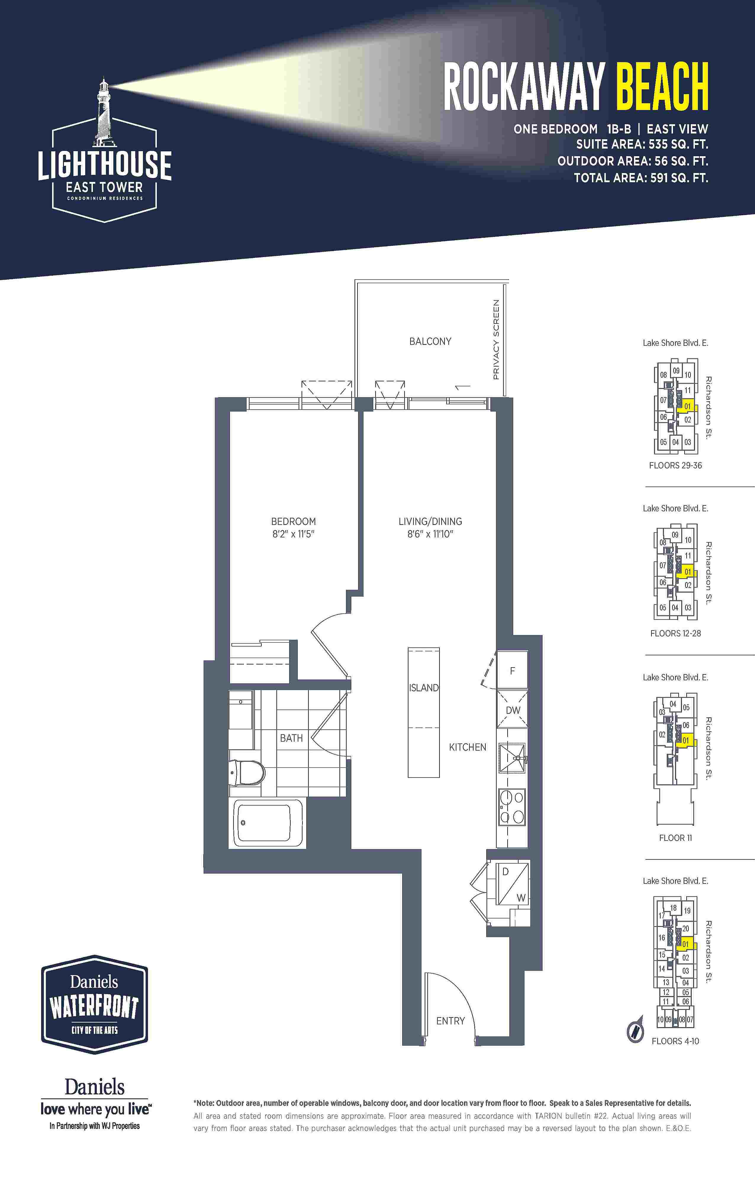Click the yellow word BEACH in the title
[x=662, y=87]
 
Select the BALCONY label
[x=430, y=341]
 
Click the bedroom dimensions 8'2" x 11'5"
[x=294, y=534]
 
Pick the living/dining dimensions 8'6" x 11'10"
[x=430, y=534]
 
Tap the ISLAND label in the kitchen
[x=424, y=688]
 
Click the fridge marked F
[x=512, y=670]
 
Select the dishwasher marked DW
[x=512, y=710]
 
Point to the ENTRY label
[x=450, y=1021]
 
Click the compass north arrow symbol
[x=635, y=1029]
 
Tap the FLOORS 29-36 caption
[x=675, y=465]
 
